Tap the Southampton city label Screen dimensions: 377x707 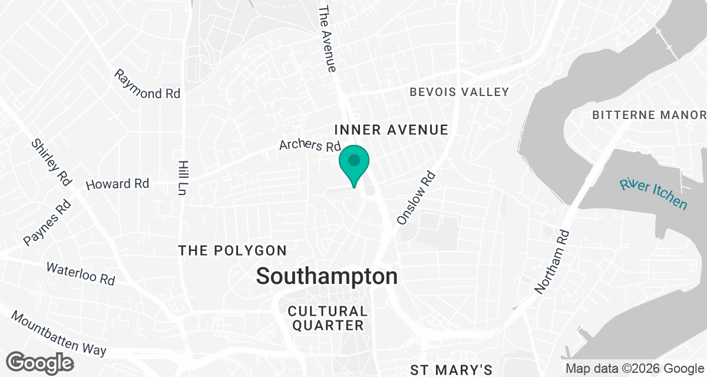327,276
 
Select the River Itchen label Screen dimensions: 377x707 653,193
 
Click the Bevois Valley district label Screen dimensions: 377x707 459,92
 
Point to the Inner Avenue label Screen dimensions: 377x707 391,130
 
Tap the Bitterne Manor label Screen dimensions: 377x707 649,114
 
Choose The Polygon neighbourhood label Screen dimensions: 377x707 233,251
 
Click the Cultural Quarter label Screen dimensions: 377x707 328,318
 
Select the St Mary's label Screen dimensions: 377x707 451,370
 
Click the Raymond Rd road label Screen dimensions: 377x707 147,85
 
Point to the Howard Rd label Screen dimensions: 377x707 117,184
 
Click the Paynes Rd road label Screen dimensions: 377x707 47,223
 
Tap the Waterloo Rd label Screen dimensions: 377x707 81,274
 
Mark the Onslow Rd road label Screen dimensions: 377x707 416,198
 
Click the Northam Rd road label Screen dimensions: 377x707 552,262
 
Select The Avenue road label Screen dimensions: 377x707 327,39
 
